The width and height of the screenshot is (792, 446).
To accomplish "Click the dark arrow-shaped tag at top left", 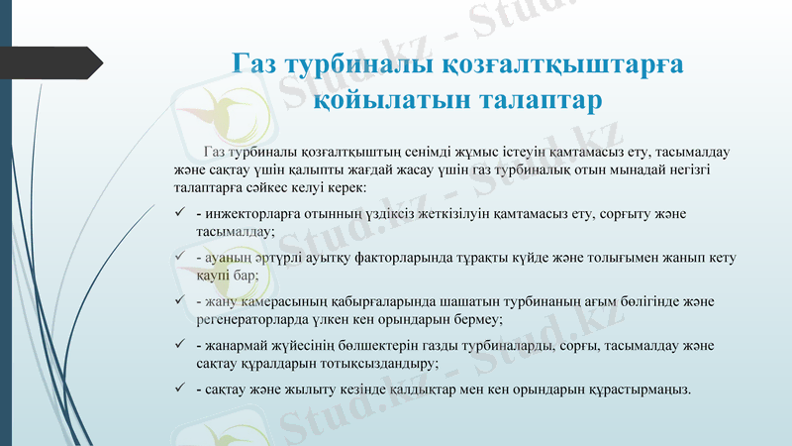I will [x=58, y=61].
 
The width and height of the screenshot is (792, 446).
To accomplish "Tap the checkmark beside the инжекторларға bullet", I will [x=178, y=214].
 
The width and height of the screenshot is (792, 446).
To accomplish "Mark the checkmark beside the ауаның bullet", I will [x=178, y=258].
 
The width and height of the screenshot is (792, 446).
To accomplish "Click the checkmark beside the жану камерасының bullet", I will [x=178, y=301].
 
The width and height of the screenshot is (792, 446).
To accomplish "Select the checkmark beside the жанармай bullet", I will [x=178, y=345].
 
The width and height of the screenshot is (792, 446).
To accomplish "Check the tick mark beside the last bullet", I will [x=178, y=389].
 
